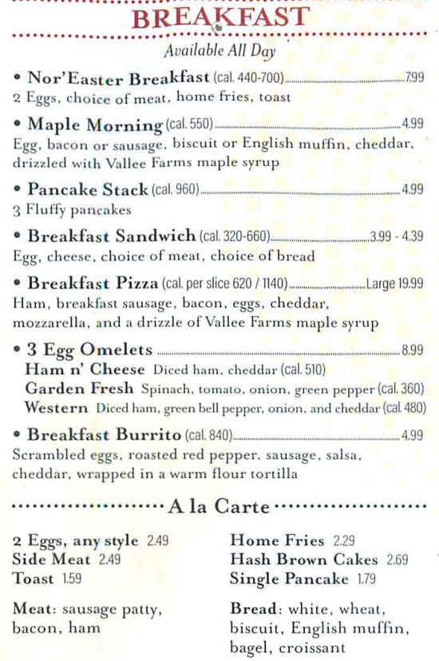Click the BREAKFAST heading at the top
pyautogui.click(x=219, y=18)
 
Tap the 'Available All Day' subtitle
pyautogui.click(x=219, y=53)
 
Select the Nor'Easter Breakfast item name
pyautogui.click(x=118, y=78)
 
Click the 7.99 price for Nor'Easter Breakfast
pyautogui.click(x=414, y=78)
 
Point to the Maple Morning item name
pyautogui.click(x=94, y=125)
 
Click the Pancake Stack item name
pyautogui.click(x=88, y=190)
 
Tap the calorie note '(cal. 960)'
pyautogui.click(x=175, y=191)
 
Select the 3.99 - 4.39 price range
pyautogui.click(x=396, y=236)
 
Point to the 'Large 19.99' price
pyautogui.click(x=395, y=283)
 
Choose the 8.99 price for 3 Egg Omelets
pyautogui.click(x=413, y=350)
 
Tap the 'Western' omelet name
pyautogui.click(x=56, y=407)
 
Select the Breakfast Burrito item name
pyautogui.click(x=104, y=435)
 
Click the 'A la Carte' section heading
pyautogui.click(x=219, y=508)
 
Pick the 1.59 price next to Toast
pyautogui.click(x=72, y=579)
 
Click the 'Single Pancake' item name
pyautogui.click(x=289, y=579)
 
